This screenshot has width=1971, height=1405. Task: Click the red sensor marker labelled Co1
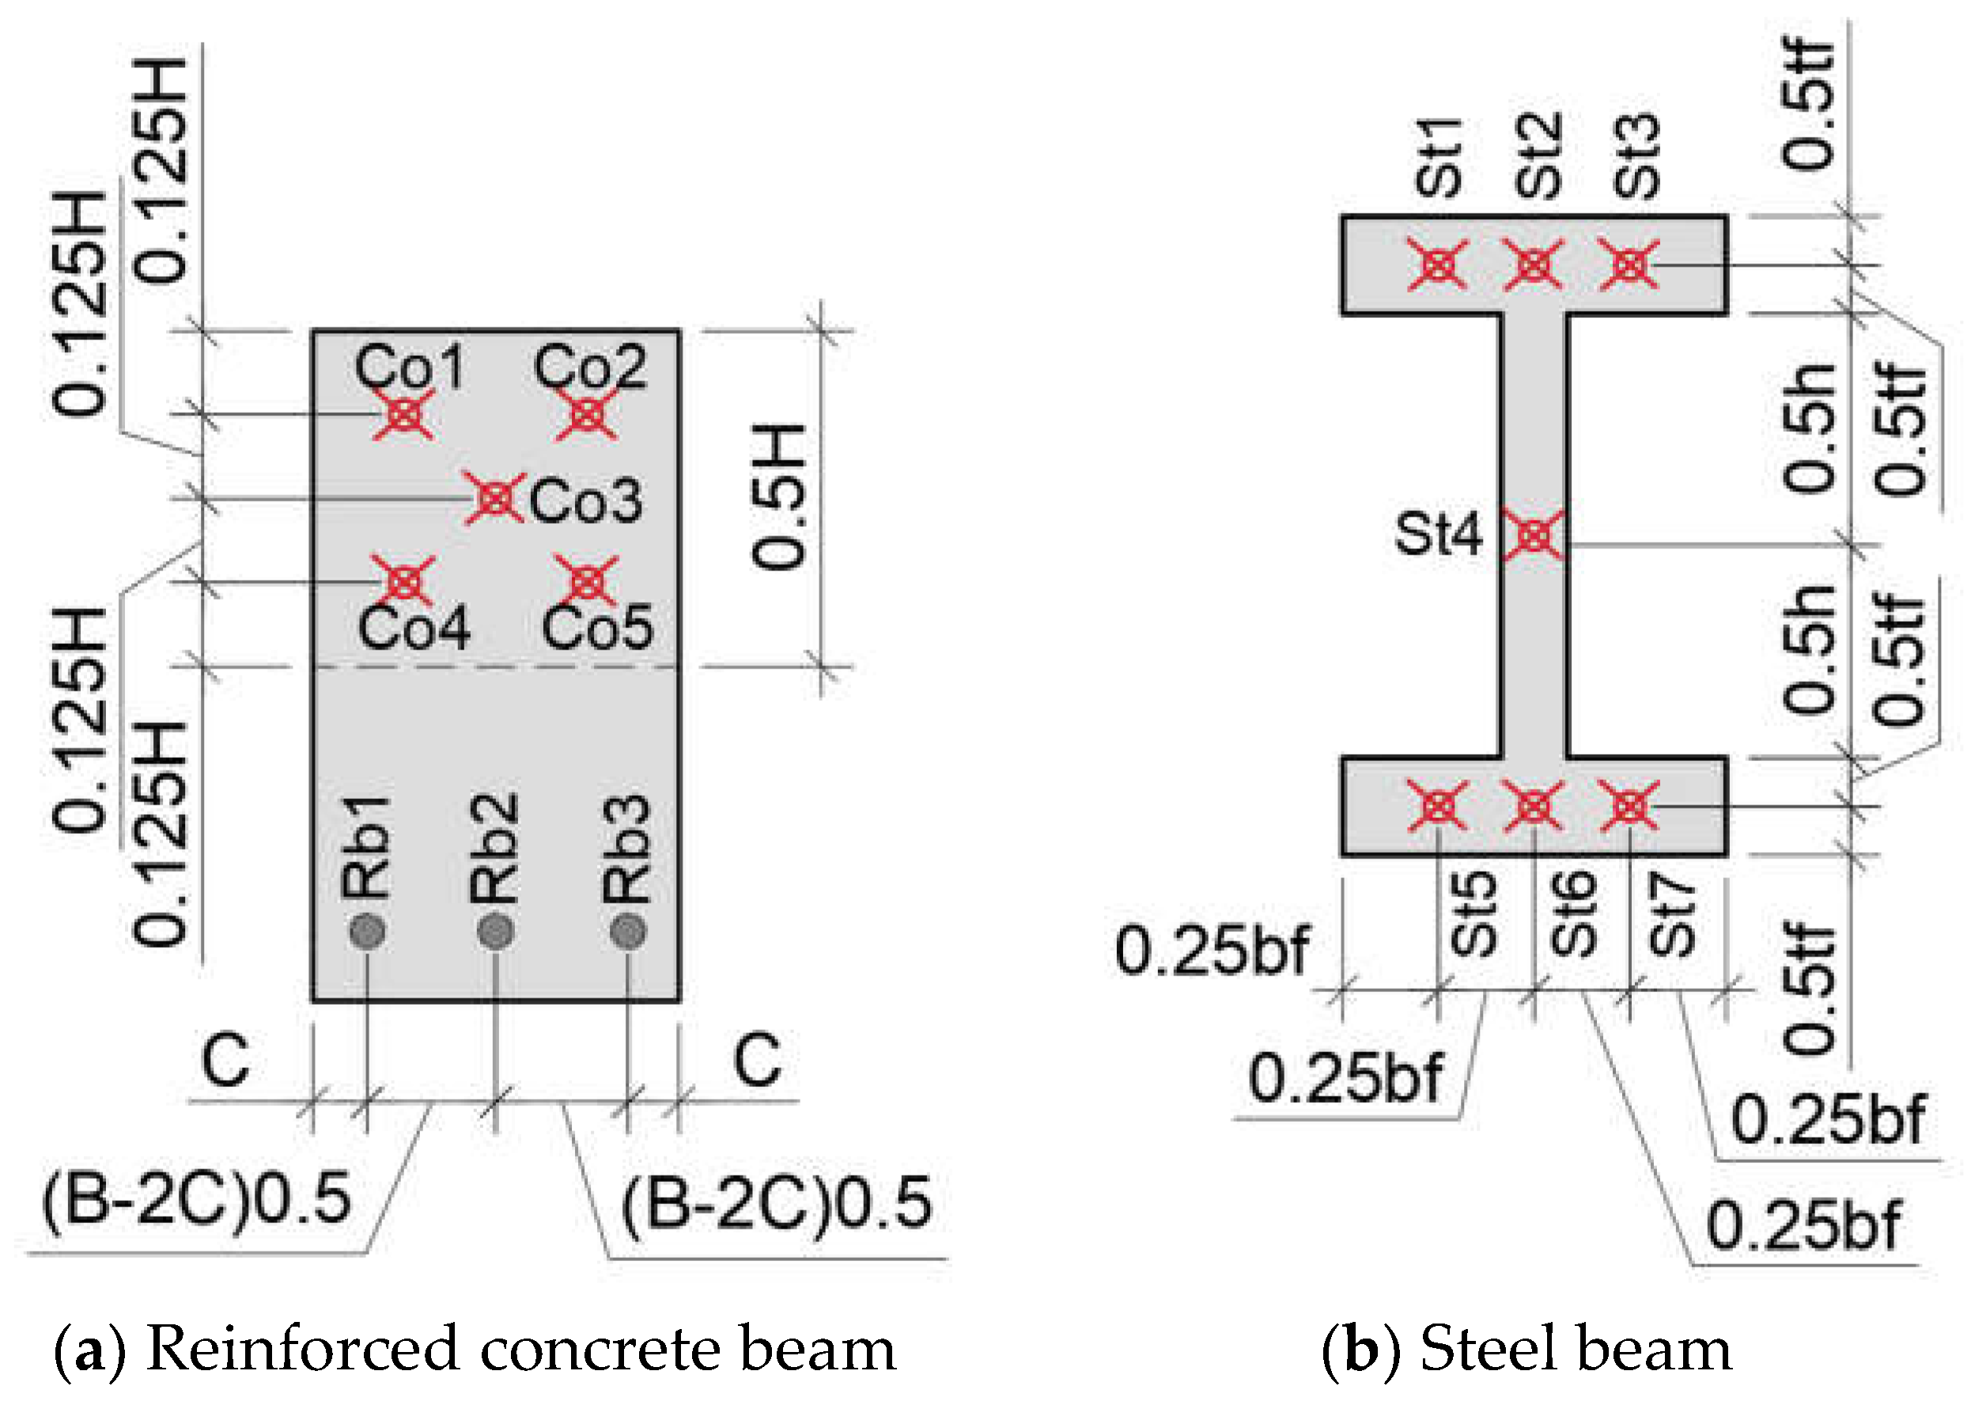(x=404, y=415)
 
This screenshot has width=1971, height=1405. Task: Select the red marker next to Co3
(x=494, y=498)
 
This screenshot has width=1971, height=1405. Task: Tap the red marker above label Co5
(x=587, y=581)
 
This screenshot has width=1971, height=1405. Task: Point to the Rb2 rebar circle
(x=496, y=932)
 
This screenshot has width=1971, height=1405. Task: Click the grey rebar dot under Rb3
(x=628, y=932)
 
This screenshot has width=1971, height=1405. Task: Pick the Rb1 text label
(x=366, y=848)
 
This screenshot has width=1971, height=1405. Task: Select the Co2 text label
(x=590, y=367)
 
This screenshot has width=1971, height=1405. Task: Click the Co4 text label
(x=414, y=628)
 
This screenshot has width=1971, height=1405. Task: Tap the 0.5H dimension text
(x=778, y=497)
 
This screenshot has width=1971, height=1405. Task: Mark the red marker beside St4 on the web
(x=1534, y=536)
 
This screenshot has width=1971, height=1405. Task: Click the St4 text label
(x=1437, y=533)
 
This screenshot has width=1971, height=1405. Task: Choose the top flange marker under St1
(x=1437, y=265)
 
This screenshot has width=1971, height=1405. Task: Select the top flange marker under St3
(x=1629, y=265)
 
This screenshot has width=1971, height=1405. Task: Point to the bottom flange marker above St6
(x=1534, y=806)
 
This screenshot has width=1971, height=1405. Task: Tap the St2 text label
(x=1538, y=157)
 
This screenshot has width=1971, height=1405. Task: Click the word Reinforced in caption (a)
(x=303, y=1350)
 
